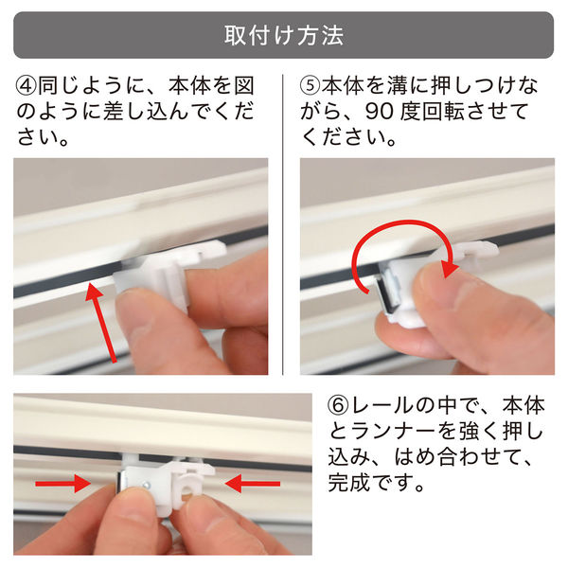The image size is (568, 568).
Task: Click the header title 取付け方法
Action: pos(284,36)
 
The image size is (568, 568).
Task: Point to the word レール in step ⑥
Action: pos(391,410)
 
